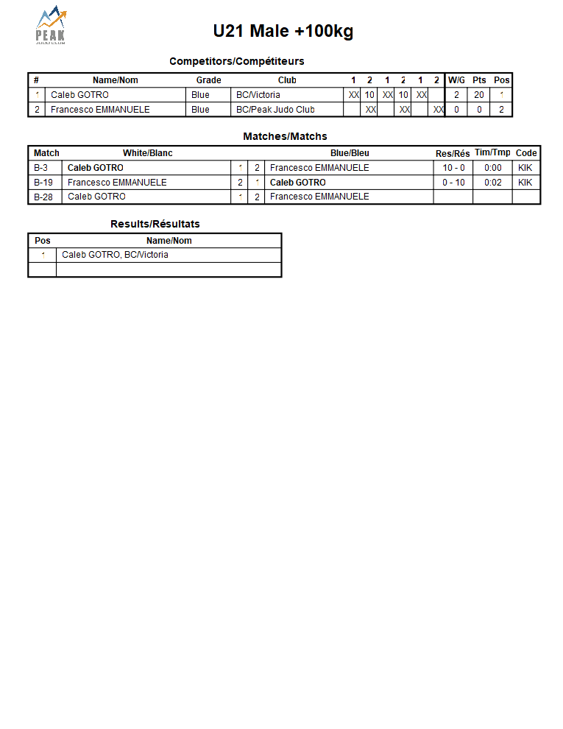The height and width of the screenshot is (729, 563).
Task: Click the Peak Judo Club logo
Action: (x=51, y=27)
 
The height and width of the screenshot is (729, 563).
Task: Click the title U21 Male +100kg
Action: (x=283, y=31)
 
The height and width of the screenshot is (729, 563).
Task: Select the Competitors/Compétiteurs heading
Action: (x=236, y=61)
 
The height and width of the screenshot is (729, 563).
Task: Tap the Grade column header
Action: (x=208, y=80)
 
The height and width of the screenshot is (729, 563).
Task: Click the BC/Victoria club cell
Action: (x=258, y=95)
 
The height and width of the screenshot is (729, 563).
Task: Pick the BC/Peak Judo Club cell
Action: (x=275, y=110)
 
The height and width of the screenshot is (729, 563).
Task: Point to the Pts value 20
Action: (x=479, y=95)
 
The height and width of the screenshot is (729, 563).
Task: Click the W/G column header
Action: (x=456, y=80)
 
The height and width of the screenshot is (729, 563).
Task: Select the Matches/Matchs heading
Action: (x=285, y=136)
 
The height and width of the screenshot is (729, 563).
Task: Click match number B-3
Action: (x=41, y=168)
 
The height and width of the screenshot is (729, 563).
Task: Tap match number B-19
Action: (x=43, y=183)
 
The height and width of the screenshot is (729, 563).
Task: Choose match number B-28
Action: (x=43, y=197)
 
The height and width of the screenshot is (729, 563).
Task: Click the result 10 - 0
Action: (x=453, y=168)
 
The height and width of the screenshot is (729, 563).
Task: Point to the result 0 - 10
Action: (x=453, y=183)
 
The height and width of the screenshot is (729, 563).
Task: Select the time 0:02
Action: (x=492, y=183)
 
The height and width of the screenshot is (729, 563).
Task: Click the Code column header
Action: (x=526, y=153)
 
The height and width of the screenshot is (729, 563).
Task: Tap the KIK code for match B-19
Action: (x=525, y=183)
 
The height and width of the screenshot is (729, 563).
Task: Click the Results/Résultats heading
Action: (x=155, y=224)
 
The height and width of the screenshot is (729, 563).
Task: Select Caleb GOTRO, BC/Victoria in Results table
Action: (x=115, y=255)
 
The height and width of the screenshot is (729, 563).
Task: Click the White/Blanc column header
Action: (x=147, y=153)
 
